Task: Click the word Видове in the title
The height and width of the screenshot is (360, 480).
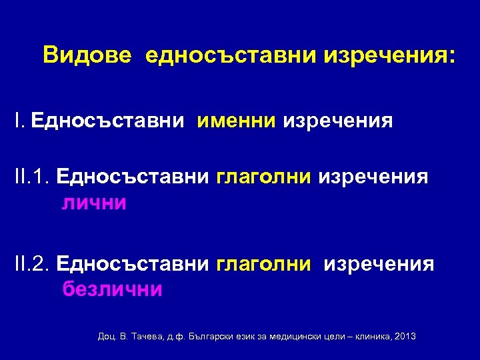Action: point(87,55)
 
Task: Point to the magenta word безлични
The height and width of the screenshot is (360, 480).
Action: point(112,289)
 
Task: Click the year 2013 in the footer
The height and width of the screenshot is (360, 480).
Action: point(405,336)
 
